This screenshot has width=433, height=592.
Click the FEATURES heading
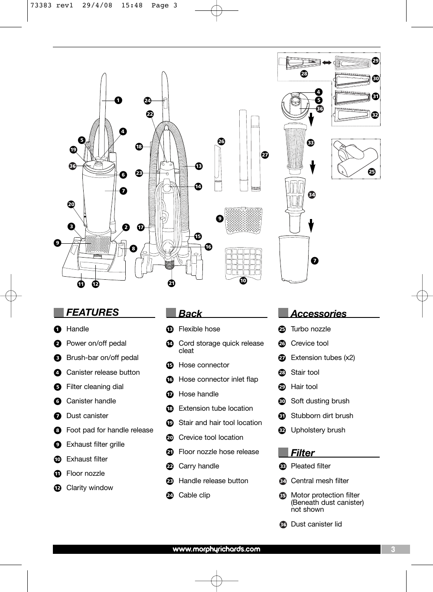[92, 312]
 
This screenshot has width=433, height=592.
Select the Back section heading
[190, 314]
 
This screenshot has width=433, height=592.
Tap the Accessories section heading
[318, 314]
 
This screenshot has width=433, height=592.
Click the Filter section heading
[303, 453]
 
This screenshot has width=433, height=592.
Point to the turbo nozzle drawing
[355, 159]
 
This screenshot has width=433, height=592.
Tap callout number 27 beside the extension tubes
[265, 155]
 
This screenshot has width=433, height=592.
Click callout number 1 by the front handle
[117, 100]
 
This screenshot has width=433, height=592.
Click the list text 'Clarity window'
[90, 487]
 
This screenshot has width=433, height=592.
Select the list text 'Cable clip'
[194, 495]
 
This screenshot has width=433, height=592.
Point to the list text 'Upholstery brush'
[318, 430]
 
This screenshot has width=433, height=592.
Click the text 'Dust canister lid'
[316, 524]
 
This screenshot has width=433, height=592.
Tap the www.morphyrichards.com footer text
[216, 549]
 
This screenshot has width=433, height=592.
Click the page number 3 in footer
[393, 549]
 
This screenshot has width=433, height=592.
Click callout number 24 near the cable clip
[147, 101]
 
